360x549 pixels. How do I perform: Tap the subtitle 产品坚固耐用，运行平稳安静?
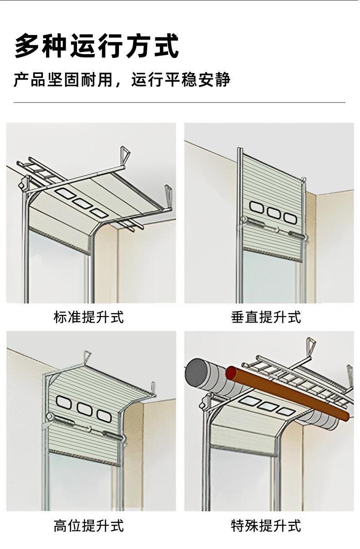click(x=122, y=80)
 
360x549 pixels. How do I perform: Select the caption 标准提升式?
click(x=88, y=317)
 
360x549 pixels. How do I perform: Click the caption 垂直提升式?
click(x=266, y=317)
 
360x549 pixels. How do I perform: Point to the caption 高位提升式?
click(x=88, y=526)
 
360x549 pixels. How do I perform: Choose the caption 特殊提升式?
click(x=266, y=526)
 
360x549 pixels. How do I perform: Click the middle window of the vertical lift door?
click(x=273, y=213)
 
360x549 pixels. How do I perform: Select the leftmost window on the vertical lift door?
click(x=256, y=207)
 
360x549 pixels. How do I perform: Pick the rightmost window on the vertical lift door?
click(x=290, y=218)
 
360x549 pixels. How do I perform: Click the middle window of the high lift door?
click(x=84, y=409)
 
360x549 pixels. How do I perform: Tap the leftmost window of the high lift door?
click(x=64, y=402)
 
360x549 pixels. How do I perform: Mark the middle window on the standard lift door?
click(x=82, y=203)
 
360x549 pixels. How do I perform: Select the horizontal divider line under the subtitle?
click(x=180, y=103)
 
